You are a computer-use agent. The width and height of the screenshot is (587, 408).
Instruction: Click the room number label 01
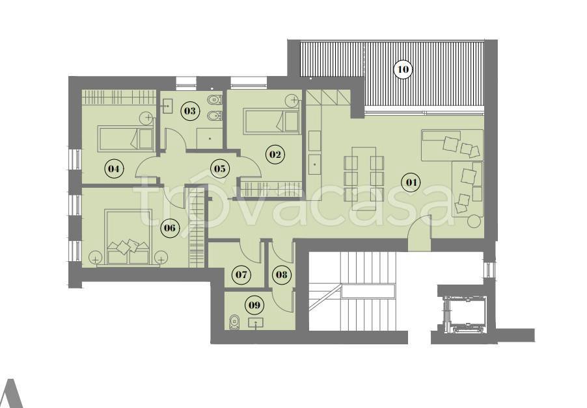click(411, 183)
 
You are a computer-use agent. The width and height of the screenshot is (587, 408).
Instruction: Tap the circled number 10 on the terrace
click(403, 69)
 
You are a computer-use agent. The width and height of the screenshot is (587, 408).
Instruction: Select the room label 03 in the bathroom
click(190, 111)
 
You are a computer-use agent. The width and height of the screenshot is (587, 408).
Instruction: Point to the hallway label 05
click(220, 168)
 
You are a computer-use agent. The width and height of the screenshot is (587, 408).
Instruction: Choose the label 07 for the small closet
click(241, 275)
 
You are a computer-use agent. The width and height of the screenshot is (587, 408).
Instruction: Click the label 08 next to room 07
click(282, 275)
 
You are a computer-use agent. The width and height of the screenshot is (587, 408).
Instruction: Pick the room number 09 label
click(254, 305)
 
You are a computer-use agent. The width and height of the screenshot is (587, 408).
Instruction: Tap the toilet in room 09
click(235, 322)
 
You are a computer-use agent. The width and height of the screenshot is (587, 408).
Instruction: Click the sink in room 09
click(256, 322)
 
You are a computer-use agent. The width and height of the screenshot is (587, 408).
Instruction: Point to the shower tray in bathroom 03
click(210, 138)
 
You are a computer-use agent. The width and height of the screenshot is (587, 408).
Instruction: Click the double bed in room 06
click(129, 236)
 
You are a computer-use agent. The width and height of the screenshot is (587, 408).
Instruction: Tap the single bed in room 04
click(126, 138)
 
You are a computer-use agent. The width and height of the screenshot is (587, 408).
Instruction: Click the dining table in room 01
click(364, 178)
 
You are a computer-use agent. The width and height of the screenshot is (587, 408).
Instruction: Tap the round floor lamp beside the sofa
click(474, 221)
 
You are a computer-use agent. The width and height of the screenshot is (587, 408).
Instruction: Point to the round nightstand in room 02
click(292, 100)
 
